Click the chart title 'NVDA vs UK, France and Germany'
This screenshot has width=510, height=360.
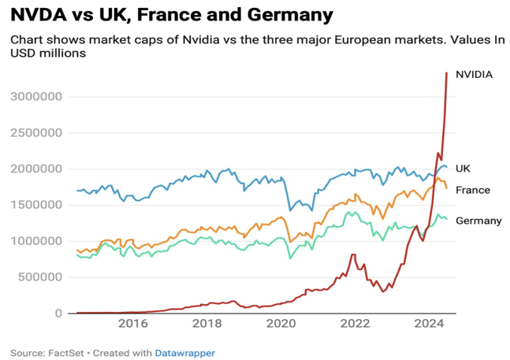(x=171, y=15)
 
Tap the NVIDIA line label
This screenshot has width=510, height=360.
(x=475, y=74)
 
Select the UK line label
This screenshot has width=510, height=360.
(x=463, y=169)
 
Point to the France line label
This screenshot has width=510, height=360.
(x=473, y=190)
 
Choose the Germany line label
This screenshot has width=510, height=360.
(x=478, y=221)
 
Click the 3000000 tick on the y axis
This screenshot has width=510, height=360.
(x=38, y=97)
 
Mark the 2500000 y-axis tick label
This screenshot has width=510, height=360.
(x=38, y=133)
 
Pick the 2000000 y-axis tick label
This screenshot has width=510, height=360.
(x=38, y=169)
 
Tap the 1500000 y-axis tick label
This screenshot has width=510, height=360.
(x=38, y=205)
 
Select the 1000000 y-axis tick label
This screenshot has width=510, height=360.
(x=38, y=241)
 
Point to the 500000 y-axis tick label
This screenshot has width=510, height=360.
(x=42, y=277)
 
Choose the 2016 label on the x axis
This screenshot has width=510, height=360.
(x=132, y=324)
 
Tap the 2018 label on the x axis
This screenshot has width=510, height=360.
(x=207, y=324)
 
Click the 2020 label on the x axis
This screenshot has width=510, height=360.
(x=281, y=324)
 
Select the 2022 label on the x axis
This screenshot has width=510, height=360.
(x=355, y=324)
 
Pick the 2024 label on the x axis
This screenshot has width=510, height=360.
(x=429, y=324)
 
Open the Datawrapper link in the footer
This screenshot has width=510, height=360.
(x=184, y=353)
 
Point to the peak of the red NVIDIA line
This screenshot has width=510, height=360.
(x=447, y=73)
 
